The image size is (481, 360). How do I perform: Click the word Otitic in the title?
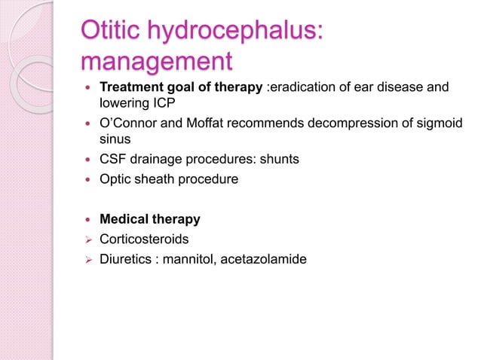point(115,32)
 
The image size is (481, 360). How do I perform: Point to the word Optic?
point(116,178)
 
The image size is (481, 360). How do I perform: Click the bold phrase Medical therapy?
point(150,220)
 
